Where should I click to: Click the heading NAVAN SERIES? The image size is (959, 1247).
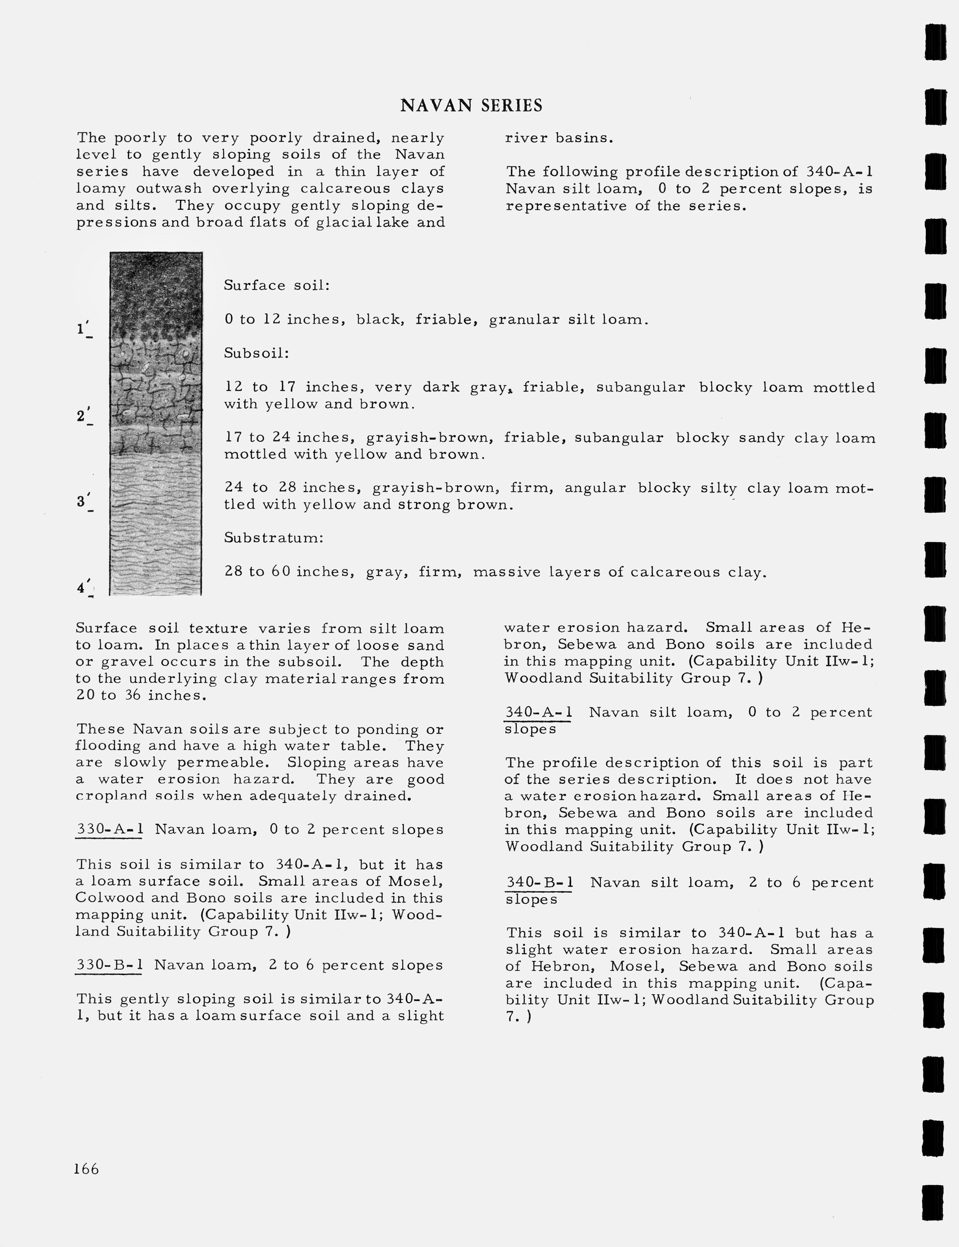pyautogui.click(x=471, y=106)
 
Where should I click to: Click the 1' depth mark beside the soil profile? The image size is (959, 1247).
pyautogui.click(x=83, y=330)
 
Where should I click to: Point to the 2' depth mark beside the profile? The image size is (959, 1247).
pyautogui.click(x=83, y=416)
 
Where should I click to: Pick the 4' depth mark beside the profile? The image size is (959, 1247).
pyautogui.click(x=83, y=588)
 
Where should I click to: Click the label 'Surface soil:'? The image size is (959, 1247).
pyautogui.click(x=277, y=285)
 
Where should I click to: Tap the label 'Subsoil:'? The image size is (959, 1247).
pyautogui.click(x=256, y=353)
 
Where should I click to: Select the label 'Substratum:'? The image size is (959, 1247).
pyautogui.click(x=273, y=538)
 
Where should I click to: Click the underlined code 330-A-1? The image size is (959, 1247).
pyautogui.click(x=109, y=829)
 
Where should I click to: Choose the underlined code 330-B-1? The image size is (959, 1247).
pyautogui.click(x=109, y=965)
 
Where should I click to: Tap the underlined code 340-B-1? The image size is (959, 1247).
pyautogui.click(x=539, y=882)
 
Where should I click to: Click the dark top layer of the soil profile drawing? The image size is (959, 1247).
pyautogui.click(x=156, y=291)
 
